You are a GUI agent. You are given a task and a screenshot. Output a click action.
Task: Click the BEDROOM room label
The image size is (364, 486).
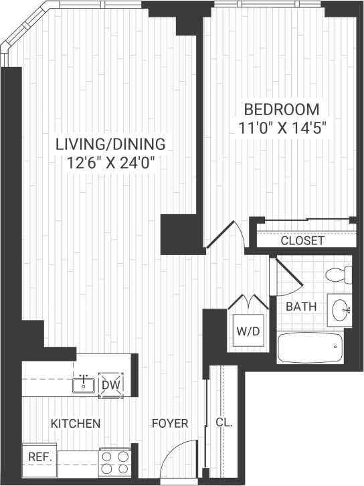tap(281, 109)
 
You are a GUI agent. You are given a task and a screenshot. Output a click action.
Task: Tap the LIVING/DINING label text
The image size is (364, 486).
tap(110, 144)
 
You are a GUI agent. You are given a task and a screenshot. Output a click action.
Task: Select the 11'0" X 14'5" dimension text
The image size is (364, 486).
tap(281, 127)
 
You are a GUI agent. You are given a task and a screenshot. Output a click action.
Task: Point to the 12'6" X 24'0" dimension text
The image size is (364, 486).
tap(110, 162)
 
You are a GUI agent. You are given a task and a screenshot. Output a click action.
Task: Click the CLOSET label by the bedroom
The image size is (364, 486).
tap(302, 241)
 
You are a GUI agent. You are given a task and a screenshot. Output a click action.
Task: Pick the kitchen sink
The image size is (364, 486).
tap(84, 384)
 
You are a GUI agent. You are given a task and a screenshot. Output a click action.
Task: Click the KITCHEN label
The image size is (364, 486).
tap(76, 424)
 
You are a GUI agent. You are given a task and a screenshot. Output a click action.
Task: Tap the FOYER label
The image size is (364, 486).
tap(169, 424)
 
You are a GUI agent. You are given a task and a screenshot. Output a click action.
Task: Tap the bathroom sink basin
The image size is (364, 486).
tap(341, 309)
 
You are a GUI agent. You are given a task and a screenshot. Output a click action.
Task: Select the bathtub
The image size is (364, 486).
tap(310, 347)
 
